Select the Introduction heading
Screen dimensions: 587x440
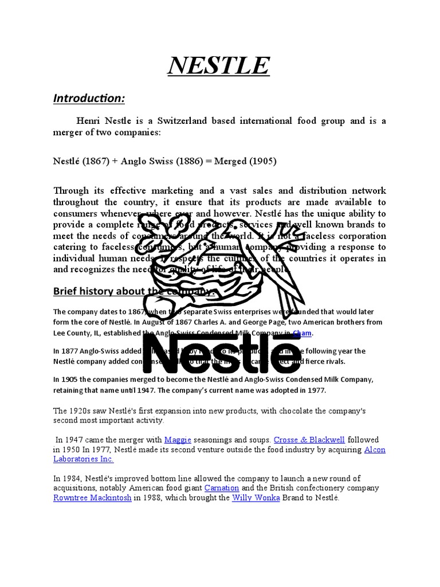(x=89, y=99)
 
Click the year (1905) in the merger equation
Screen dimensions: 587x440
(x=262, y=161)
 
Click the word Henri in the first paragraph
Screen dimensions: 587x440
(x=89, y=121)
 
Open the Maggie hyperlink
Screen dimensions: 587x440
(x=177, y=440)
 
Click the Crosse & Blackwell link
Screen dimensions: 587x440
(x=309, y=440)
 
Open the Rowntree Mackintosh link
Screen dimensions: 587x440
(x=92, y=498)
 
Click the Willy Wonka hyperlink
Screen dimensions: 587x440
(x=256, y=498)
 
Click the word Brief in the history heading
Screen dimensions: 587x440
(x=65, y=291)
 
